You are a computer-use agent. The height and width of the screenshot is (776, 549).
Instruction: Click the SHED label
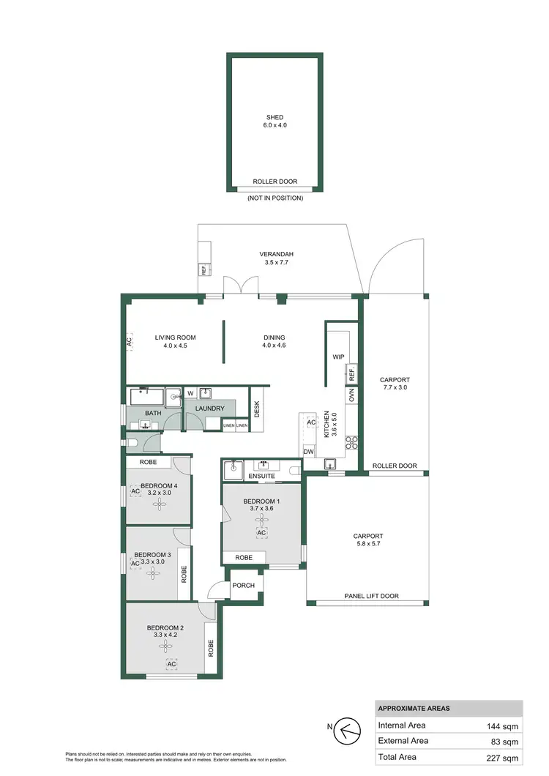click(x=274, y=117)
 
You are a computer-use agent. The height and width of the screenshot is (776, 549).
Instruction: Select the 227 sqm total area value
click(x=504, y=758)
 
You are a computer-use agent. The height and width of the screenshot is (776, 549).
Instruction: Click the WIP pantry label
click(x=338, y=357)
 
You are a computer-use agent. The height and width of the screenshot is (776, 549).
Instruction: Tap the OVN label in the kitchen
click(x=351, y=396)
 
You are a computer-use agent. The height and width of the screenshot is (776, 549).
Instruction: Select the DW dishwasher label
click(x=308, y=452)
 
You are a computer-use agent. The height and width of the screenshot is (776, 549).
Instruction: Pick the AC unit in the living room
click(x=130, y=341)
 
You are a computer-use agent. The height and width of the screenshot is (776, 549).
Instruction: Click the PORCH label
click(x=242, y=586)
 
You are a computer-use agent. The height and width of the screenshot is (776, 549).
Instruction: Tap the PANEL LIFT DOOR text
click(x=371, y=596)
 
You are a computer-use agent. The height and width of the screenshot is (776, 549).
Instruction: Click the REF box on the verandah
click(x=203, y=270)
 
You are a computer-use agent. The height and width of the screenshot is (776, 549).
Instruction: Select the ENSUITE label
click(x=261, y=477)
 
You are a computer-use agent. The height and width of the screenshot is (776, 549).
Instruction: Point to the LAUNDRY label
click(x=209, y=408)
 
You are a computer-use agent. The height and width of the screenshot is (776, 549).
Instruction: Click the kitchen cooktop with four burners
click(x=351, y=441)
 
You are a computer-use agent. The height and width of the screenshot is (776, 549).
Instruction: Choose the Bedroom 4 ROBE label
click(x=149, y=463)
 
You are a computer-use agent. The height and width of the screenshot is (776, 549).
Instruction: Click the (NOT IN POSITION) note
click(x=274, y=198)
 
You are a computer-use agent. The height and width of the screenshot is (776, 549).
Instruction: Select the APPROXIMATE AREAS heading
click(x=414, y=708)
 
